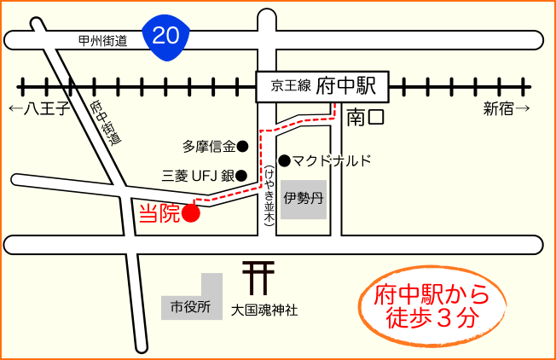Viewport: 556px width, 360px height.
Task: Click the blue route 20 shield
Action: (167, 36)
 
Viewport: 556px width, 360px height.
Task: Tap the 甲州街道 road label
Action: (102, 39)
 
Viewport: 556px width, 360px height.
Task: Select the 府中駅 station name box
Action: (321, 86)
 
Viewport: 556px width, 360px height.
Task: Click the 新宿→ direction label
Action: (507, 108)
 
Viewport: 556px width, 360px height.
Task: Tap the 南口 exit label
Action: (366, 118)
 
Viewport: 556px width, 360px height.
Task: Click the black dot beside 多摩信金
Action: (242, 146)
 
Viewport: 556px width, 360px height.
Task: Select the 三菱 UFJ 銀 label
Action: (198, 177)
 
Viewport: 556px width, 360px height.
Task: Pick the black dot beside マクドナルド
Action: (284, 160)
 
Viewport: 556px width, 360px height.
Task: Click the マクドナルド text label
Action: (333, 160)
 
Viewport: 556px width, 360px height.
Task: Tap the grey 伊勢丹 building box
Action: (304, 200)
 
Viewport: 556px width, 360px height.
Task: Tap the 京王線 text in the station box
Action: (289, 87)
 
